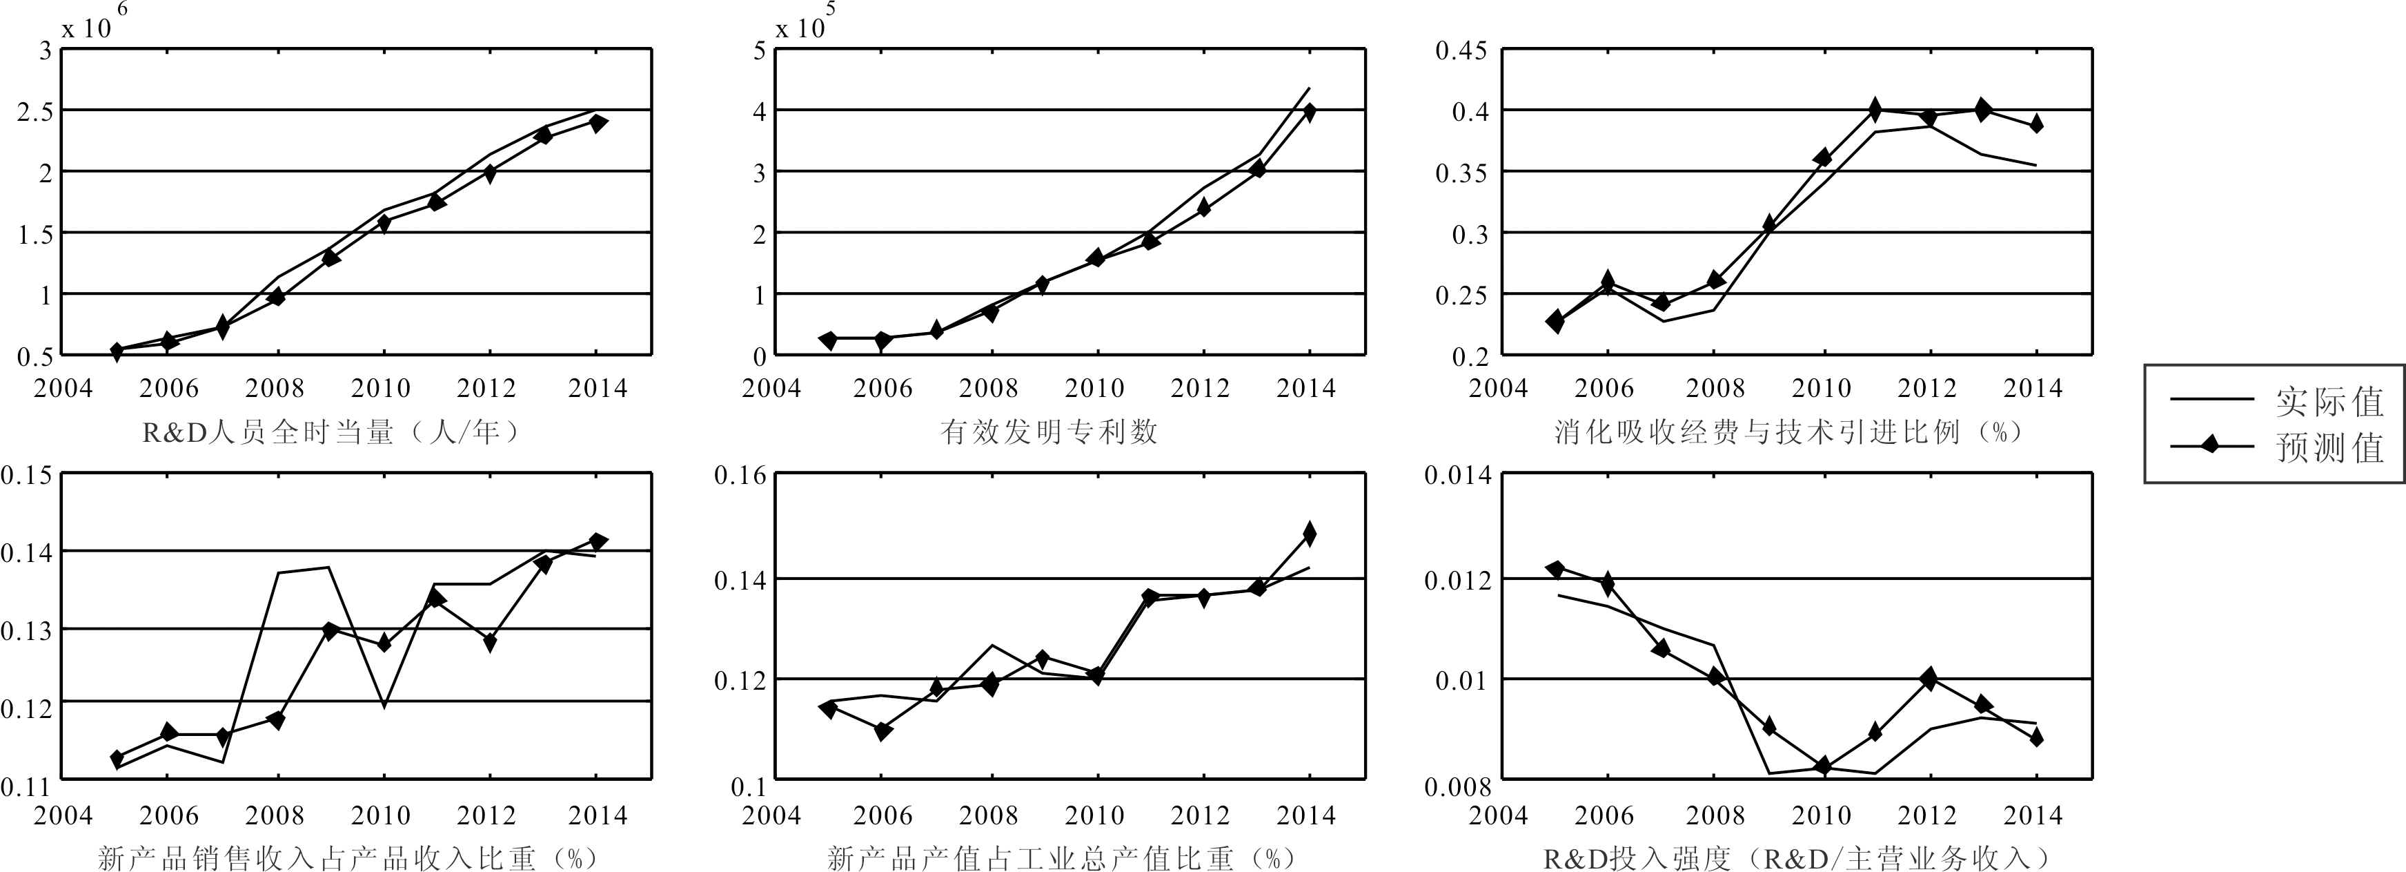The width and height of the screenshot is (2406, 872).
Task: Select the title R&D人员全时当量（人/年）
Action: [x=331, y=432]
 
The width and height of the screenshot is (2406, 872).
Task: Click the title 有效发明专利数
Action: [x=1049, y=432]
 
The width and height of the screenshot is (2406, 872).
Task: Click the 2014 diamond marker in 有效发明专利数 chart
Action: [x=1310, y=112]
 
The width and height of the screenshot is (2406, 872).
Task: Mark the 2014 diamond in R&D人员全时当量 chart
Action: [x=598, y=122]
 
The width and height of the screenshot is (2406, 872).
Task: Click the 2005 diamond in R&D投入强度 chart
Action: [x=1555, y=568]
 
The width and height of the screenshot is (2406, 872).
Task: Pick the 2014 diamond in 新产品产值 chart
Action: [x=1310, y=534]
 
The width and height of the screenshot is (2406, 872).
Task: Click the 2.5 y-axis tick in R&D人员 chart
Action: [x=35, y=111]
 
